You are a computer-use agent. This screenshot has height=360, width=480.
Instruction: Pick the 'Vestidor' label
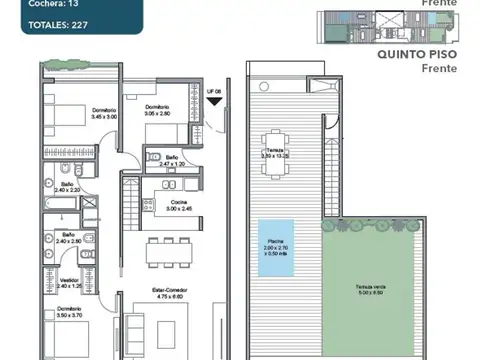69,281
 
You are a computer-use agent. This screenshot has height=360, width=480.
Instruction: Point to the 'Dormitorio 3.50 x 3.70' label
69,312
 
